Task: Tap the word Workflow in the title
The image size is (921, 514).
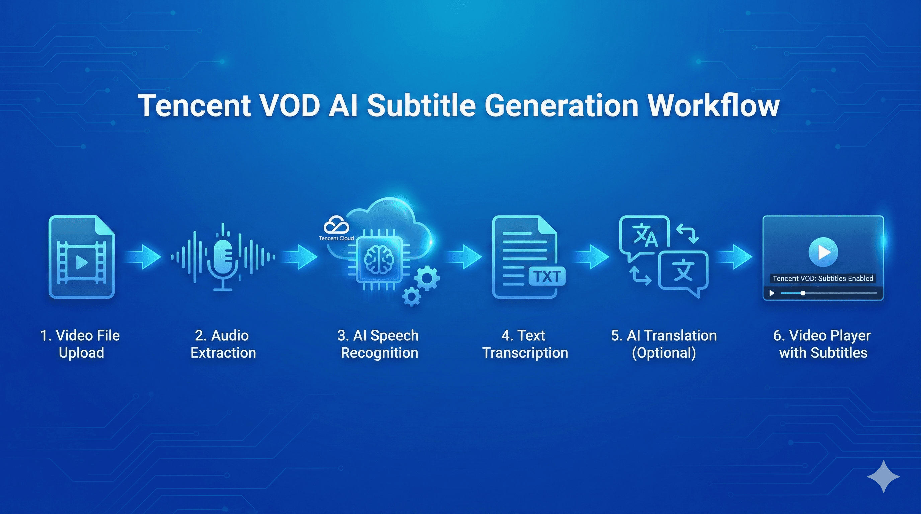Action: (714, 105)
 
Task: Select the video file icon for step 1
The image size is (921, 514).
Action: (82, 257)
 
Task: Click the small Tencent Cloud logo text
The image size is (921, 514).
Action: (336, 238)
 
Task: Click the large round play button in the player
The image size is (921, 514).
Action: (823, 252)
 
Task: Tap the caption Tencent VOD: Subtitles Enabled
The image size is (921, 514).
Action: (823, 278)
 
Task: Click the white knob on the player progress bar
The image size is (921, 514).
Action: (803, 293)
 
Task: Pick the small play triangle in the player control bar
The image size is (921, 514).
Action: (772, 293)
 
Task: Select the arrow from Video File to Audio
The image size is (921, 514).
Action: (143, 257)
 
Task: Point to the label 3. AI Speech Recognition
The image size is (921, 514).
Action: (379, 344)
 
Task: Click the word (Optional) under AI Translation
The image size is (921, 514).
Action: (664, 353)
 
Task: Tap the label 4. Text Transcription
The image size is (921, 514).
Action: (525, 344)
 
